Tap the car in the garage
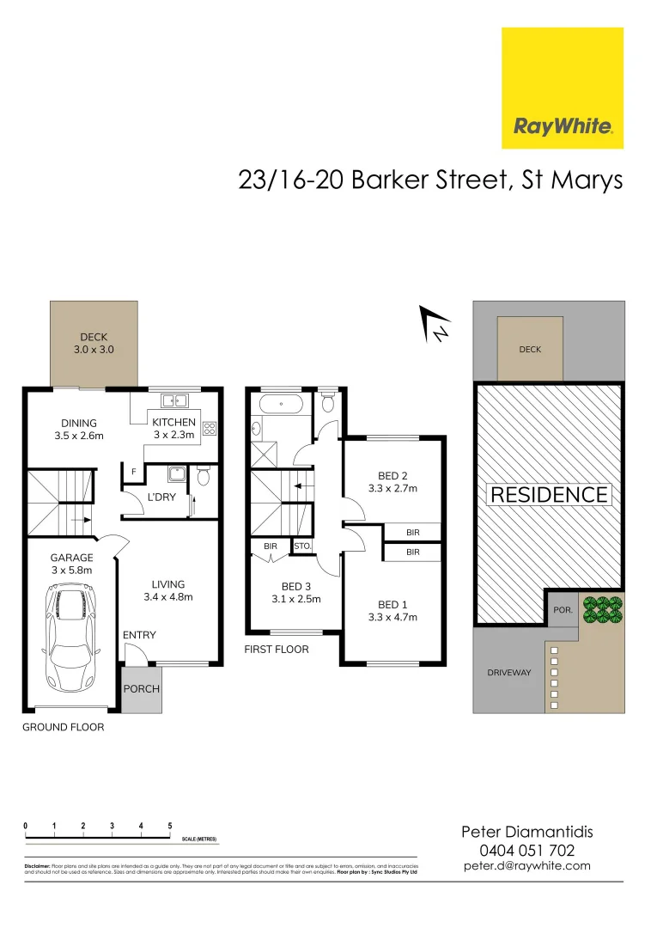tap(67, 636)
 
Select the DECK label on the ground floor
tap(94, 338)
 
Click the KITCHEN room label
tap(173, 422)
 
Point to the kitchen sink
tap(176, 400)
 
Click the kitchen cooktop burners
tap(209, 426)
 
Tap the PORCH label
tap(142, 688)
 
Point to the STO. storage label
tap(301, 546)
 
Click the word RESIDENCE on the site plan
tap(549, 495)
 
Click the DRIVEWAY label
tap(510, 673)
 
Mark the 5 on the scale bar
tap(170, 826)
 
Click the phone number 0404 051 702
tap(527, 850)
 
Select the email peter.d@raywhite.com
tap(527, 866)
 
